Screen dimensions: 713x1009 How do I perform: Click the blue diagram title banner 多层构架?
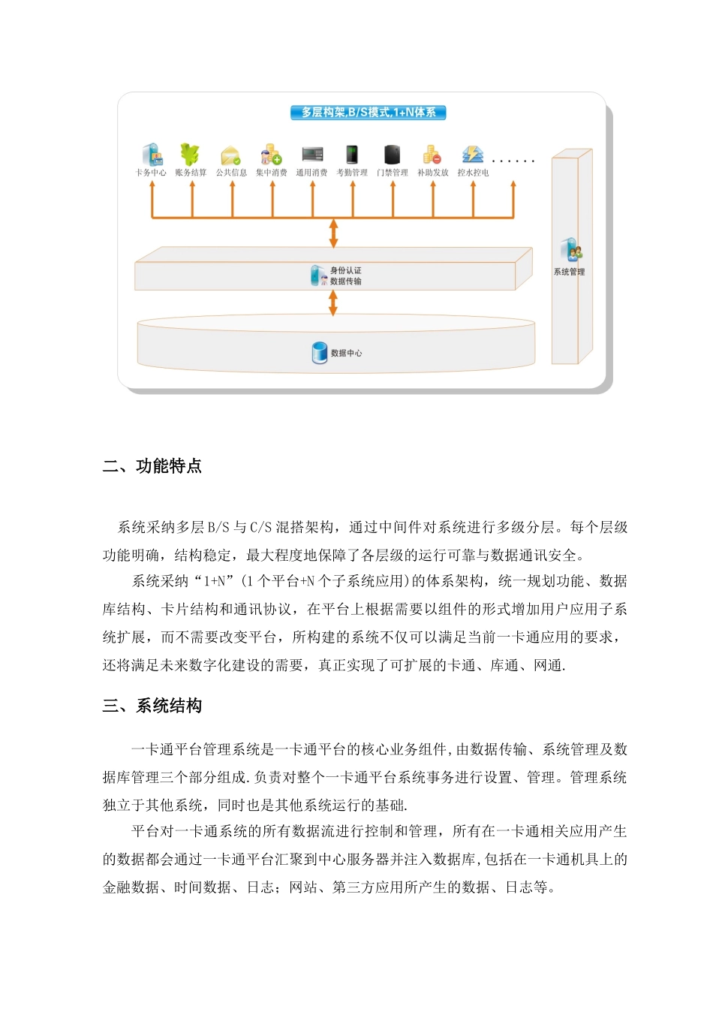[x=369, y=113]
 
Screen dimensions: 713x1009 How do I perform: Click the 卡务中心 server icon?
[x=152, y=155]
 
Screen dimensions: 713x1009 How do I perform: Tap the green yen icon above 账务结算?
[x=190, y=154]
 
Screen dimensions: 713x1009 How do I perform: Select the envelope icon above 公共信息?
[x=230, y=155]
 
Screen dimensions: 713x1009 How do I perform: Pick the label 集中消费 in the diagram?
[x=271, y=173]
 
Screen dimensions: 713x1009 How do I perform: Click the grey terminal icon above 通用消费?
[x=312, y=155]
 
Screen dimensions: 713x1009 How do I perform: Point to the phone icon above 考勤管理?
[x=352, y=155]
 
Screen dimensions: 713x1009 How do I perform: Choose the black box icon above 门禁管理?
[x=393, y=155]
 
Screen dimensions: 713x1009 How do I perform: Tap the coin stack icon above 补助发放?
[x=432, y=155]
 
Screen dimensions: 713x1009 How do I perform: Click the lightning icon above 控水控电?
[x=472, y=155]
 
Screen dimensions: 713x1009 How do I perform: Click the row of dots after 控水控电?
[x=513, y=161]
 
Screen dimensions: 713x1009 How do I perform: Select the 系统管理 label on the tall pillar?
[x=569, y=272]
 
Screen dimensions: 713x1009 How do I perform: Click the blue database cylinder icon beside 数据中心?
[x=320, y=352]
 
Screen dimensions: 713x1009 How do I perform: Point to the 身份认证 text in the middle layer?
[x=346, y=270]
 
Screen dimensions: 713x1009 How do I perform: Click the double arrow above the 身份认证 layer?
[x=333, y=233]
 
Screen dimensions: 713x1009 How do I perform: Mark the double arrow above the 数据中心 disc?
[x=333, y=303]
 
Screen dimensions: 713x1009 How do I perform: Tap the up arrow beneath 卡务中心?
[x=152, y=199]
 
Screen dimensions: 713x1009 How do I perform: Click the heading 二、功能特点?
[x=152, y=466]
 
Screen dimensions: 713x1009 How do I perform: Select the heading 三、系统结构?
[x=152, y=706]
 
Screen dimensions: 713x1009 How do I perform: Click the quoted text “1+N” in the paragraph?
[x=215, y=581]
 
